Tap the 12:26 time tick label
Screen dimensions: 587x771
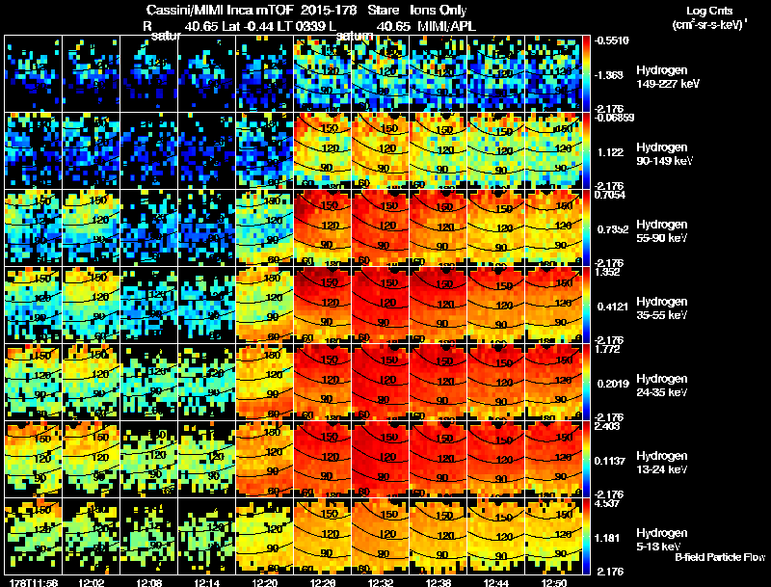[323, 582]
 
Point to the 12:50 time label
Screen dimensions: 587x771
[554, 582]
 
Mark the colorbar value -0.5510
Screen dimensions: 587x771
[613, 40]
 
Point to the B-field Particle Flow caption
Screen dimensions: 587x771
[719, 558]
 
